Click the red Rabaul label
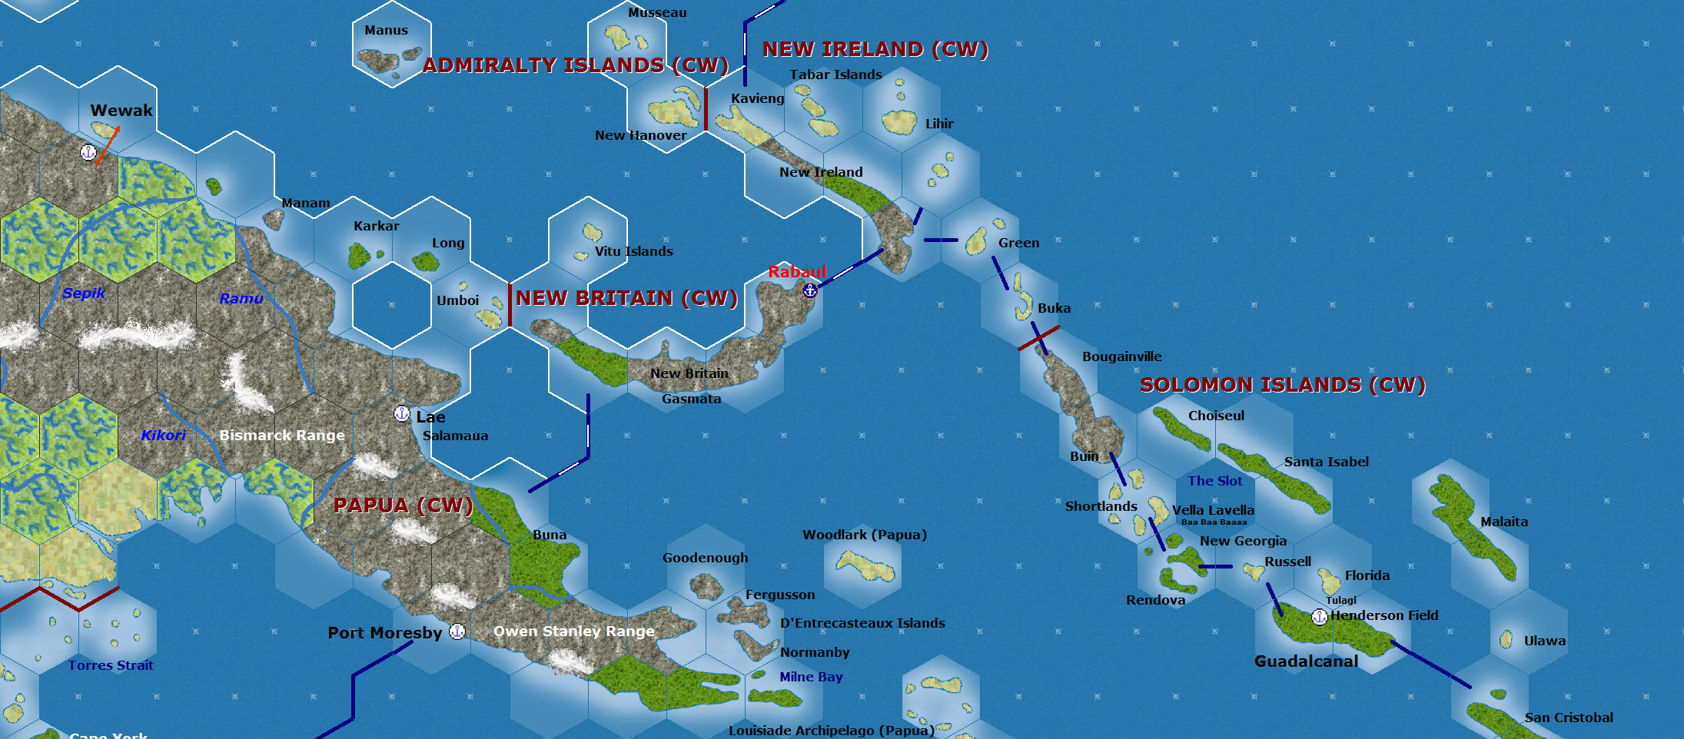click(x=797, y=272)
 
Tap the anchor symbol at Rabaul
click(x=809, y=290)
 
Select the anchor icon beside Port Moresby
click(x=457, y=631)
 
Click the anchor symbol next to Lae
click(x=401, y=414)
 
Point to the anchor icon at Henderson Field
click(x=1319, y=616)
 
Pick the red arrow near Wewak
click(x=108, y=146)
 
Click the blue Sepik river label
click(x=84, y=293)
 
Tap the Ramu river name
click(x=241, y=299)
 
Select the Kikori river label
click(x=163, y=436)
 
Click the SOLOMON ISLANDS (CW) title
click(x=1282, y=385)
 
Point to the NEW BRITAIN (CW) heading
click(x=626, y=298)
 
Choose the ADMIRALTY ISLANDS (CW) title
click(x=575, y=65)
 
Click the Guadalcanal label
click(x=1306, y=661)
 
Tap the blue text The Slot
click(x=1214, y=481)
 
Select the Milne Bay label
click(x=811, y=677)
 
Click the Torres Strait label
click(x=111, y=665)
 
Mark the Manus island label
click(x=386, y=31)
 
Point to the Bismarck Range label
click(x=282, y=436)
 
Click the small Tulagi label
click(x=1340, y=600)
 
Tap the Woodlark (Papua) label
click(x=864, y=535)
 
